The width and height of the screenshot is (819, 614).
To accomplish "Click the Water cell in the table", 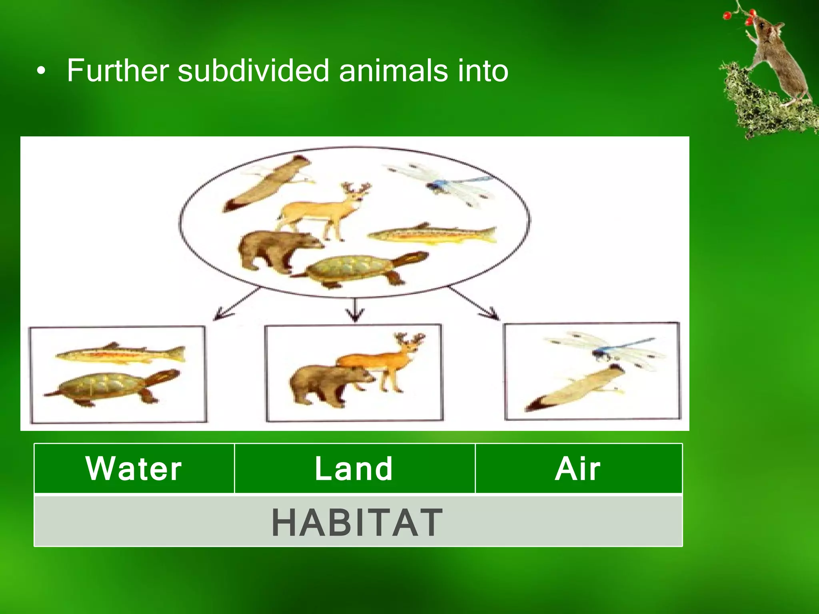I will tap(134, 468).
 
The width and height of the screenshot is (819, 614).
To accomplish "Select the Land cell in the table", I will tap(354, 468).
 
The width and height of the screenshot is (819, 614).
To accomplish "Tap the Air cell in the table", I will tap(578, 468).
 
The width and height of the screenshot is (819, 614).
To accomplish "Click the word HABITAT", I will tap(357, 522).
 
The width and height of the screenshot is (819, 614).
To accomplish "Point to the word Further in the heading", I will tap(119, 71).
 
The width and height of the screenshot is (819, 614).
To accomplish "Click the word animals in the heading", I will tap(393, 71).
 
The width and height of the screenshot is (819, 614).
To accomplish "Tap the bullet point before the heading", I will tap(41, 72).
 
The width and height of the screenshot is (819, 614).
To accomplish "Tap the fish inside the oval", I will tap(432, 235).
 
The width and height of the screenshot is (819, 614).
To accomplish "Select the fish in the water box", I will tap(120, 354).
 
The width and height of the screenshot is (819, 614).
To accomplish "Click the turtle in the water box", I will tap(112, 387).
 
